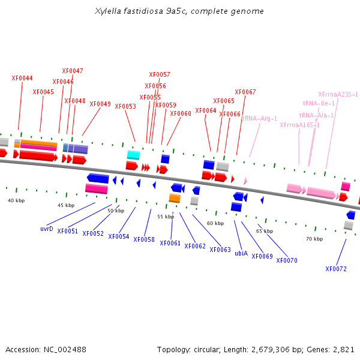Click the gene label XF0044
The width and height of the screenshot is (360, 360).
tap(22, 78)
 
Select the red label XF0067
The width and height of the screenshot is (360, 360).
tap(245, 92)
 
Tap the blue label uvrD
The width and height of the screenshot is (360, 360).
tap(47, 229)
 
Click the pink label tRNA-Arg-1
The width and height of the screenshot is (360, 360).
tap(259, 118)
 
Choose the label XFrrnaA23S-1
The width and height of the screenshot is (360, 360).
tap(338, 94)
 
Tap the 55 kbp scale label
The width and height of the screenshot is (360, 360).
tap(166, 217)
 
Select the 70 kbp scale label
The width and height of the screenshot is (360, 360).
tap(314, 239)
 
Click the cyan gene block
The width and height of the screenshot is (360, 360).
tap(133, 155)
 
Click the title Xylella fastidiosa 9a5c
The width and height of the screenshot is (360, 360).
tap(179, 11)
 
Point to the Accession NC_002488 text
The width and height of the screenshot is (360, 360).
tap(46, 349)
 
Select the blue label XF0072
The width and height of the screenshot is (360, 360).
tap(336, 269)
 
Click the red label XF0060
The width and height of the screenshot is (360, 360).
tap(181, 113)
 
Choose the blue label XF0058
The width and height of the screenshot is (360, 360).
tap(144, 239)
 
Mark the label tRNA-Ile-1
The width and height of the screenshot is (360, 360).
tap(319, 103)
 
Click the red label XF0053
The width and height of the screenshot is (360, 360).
tap(125, 106)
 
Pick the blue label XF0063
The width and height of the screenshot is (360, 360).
tap(220, 250)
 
